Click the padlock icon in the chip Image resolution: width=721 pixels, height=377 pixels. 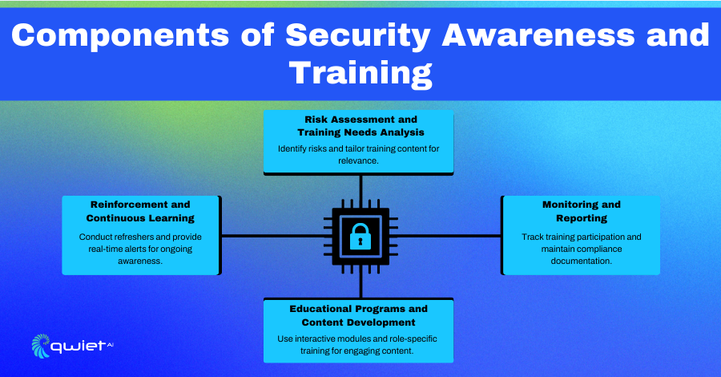coord(360,236)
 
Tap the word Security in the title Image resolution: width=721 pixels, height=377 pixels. coord(358,36)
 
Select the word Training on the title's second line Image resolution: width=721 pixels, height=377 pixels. coord(360,73)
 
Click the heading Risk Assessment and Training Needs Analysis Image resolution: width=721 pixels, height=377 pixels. coord(361,126)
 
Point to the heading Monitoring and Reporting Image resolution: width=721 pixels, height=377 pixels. coord(582,211)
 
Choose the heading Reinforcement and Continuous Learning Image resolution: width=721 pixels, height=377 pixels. coord(140,211)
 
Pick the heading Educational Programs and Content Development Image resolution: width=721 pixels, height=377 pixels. coord(359,315)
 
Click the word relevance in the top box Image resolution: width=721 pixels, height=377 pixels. coord(358,160)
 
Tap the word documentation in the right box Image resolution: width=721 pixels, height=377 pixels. coord(582,261)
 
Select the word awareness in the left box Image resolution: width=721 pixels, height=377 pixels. coord(140,261)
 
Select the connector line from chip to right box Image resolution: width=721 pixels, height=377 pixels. coord(448,236)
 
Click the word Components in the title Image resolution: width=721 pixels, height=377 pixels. coord(120,35)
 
